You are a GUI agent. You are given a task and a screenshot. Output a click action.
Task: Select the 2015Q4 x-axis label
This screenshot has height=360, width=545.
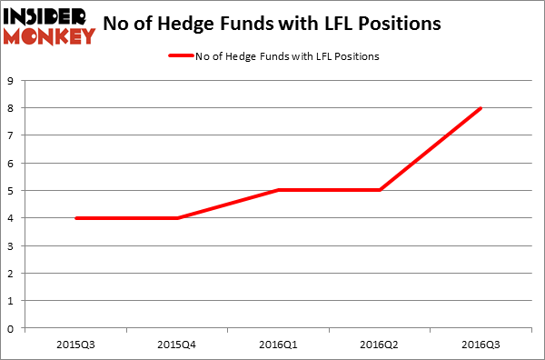175,344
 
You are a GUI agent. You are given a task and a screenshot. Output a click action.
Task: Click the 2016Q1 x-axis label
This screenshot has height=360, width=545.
277,344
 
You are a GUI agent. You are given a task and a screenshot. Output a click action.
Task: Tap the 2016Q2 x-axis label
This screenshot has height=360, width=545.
379,344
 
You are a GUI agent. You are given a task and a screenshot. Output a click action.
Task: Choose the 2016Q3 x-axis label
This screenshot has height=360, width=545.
481,344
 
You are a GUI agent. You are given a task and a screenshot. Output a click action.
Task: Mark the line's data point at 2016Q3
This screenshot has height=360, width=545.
481,108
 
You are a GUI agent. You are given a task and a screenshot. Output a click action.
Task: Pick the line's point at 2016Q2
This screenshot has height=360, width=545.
379,191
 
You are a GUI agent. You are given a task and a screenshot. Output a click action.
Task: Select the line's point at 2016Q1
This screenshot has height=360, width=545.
277,191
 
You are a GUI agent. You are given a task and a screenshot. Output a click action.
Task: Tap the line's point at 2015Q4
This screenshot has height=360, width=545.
175,218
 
